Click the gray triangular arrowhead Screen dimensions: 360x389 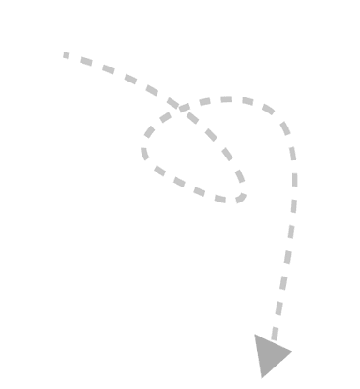(x=271, y=354)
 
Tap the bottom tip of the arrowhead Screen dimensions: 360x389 (x=263, y=378)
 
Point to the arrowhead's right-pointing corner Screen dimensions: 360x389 (x=292, y=352)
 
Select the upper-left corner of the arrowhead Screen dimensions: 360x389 (x=255, y=335)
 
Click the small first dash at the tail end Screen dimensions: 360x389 (x=66, y=55)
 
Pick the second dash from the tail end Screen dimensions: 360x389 (x=85, y=62)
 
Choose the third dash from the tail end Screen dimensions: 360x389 (x=108, y=70)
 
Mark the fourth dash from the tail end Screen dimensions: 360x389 (x=130, y=80)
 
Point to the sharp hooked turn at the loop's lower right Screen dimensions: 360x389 (x=242, y=195)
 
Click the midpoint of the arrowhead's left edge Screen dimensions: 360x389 (x=259, y=356)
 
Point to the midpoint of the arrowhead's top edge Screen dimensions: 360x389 (x=274, y=344)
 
